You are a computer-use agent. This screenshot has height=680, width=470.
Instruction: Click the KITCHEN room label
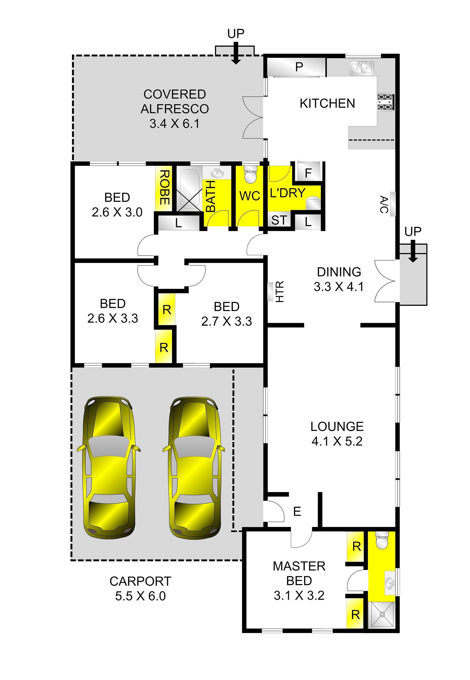point(327,104)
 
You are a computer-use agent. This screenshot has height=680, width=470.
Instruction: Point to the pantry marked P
point(299,67)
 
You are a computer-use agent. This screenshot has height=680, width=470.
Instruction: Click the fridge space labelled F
point(308,173)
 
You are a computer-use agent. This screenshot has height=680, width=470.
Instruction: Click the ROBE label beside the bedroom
point(164,187)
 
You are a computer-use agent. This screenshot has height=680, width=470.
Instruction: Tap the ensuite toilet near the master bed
point(382,540)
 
